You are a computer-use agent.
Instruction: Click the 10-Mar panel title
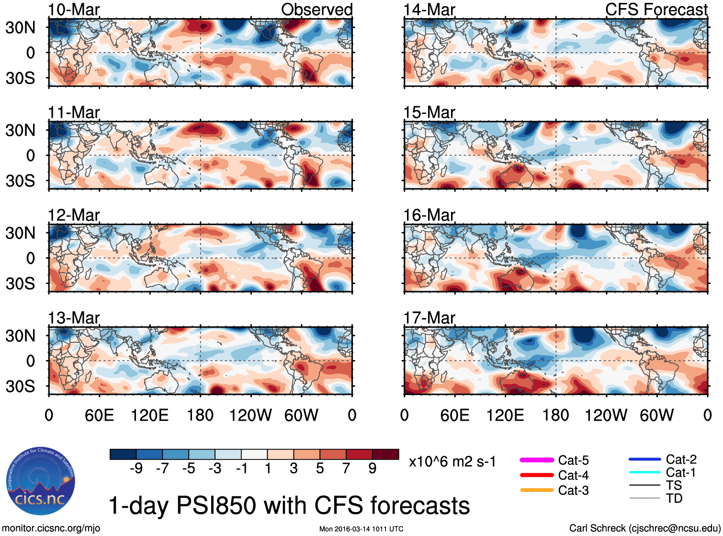[74, 10]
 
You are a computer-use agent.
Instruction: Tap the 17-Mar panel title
[429, 318]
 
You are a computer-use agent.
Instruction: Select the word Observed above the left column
[316, 10]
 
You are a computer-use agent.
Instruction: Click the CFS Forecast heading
[656, 10]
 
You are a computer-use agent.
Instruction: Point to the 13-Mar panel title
[74, 318]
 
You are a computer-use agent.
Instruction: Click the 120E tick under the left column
[150, 415]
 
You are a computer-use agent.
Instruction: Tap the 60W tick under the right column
[656, 415]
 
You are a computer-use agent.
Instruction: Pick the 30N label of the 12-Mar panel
[21, 233]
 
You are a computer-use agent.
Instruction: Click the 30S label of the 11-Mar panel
[21, 181]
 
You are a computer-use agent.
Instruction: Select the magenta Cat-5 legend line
[537, 460]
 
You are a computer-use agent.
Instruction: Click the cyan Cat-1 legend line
[644, 472]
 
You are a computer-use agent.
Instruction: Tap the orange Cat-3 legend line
[537, 490]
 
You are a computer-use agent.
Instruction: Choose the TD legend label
[674, 498]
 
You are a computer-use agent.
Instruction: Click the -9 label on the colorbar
[136, 468]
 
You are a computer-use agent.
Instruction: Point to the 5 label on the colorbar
[319, 468]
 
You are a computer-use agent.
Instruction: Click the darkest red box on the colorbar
[385, 454]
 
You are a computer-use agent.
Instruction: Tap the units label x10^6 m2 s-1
[452, 462]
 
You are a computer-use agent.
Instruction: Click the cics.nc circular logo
[41, 481]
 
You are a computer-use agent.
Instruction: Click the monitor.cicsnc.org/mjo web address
[51, 528]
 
